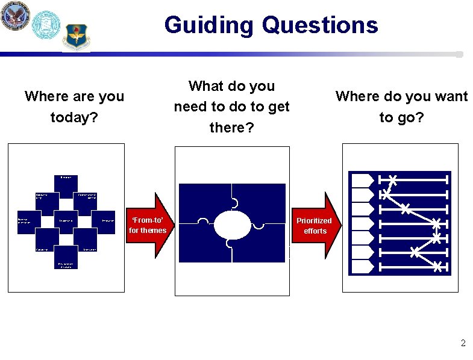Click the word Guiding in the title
coord(208,25)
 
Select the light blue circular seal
coord(46,25)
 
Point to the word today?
coord(74,117)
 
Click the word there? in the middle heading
coord(231,127)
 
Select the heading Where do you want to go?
coord(401,106)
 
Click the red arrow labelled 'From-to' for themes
coord(151,225)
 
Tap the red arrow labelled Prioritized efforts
coord(316,225)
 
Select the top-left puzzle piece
coord(205,202)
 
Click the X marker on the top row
coord(393,179)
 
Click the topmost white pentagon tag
coord(362,179)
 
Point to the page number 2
coord(463,344)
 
